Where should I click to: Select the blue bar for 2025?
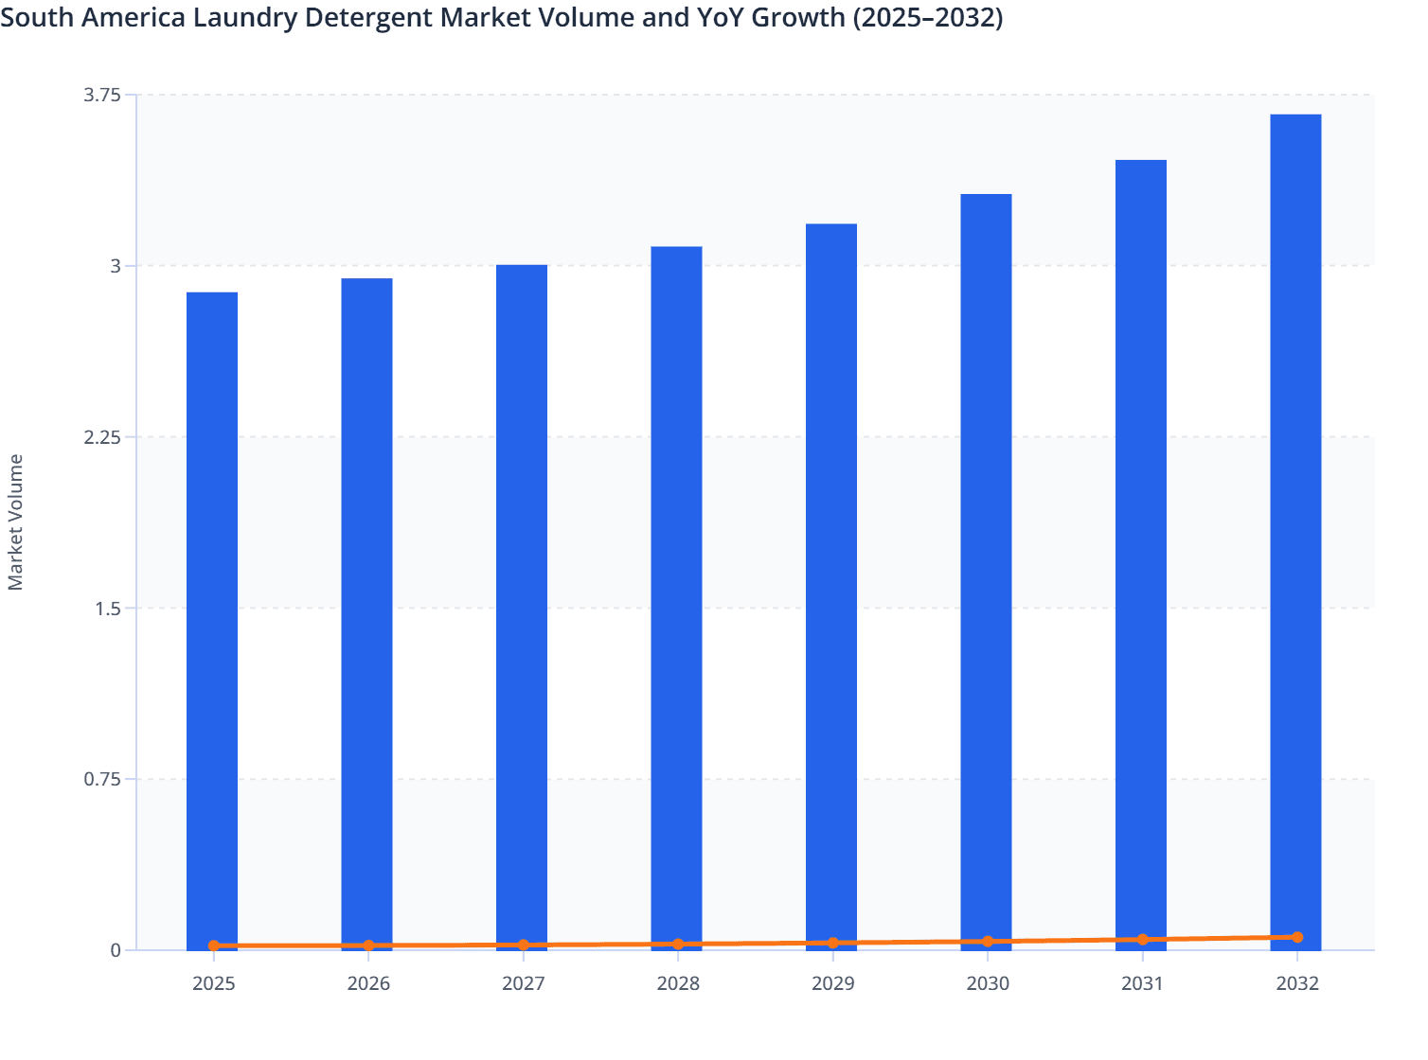(x=212, y=620)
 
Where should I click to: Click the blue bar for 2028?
(x=676, y=596)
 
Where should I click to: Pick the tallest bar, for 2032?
(x=1295, y=530)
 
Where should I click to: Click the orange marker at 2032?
(x=1296, y=937)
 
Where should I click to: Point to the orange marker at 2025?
(x=214, y=945)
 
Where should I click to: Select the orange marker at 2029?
(x=832, y=943)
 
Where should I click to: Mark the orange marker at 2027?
(x=523, y=945)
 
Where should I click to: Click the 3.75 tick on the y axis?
(x=102, y=95)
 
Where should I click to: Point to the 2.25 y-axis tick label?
(x=102, y=437)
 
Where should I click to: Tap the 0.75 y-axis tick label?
(x=102, y=779)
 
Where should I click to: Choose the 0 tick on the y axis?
(x=116, y=950)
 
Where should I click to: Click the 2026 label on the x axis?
(x=368, y=983)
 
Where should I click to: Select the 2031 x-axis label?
(x=1142, y=983)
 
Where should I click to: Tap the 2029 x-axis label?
(x=832, y=983)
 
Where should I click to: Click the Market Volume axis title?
(x=16, y=522)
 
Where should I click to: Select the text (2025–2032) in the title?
(x=927, y=17)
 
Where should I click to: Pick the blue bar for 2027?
(x=522, y=606)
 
